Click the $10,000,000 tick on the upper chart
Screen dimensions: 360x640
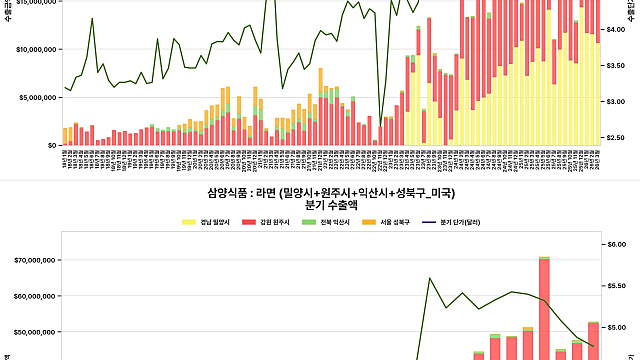32,49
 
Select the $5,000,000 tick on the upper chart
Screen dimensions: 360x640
35,97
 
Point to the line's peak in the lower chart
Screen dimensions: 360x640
430,278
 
